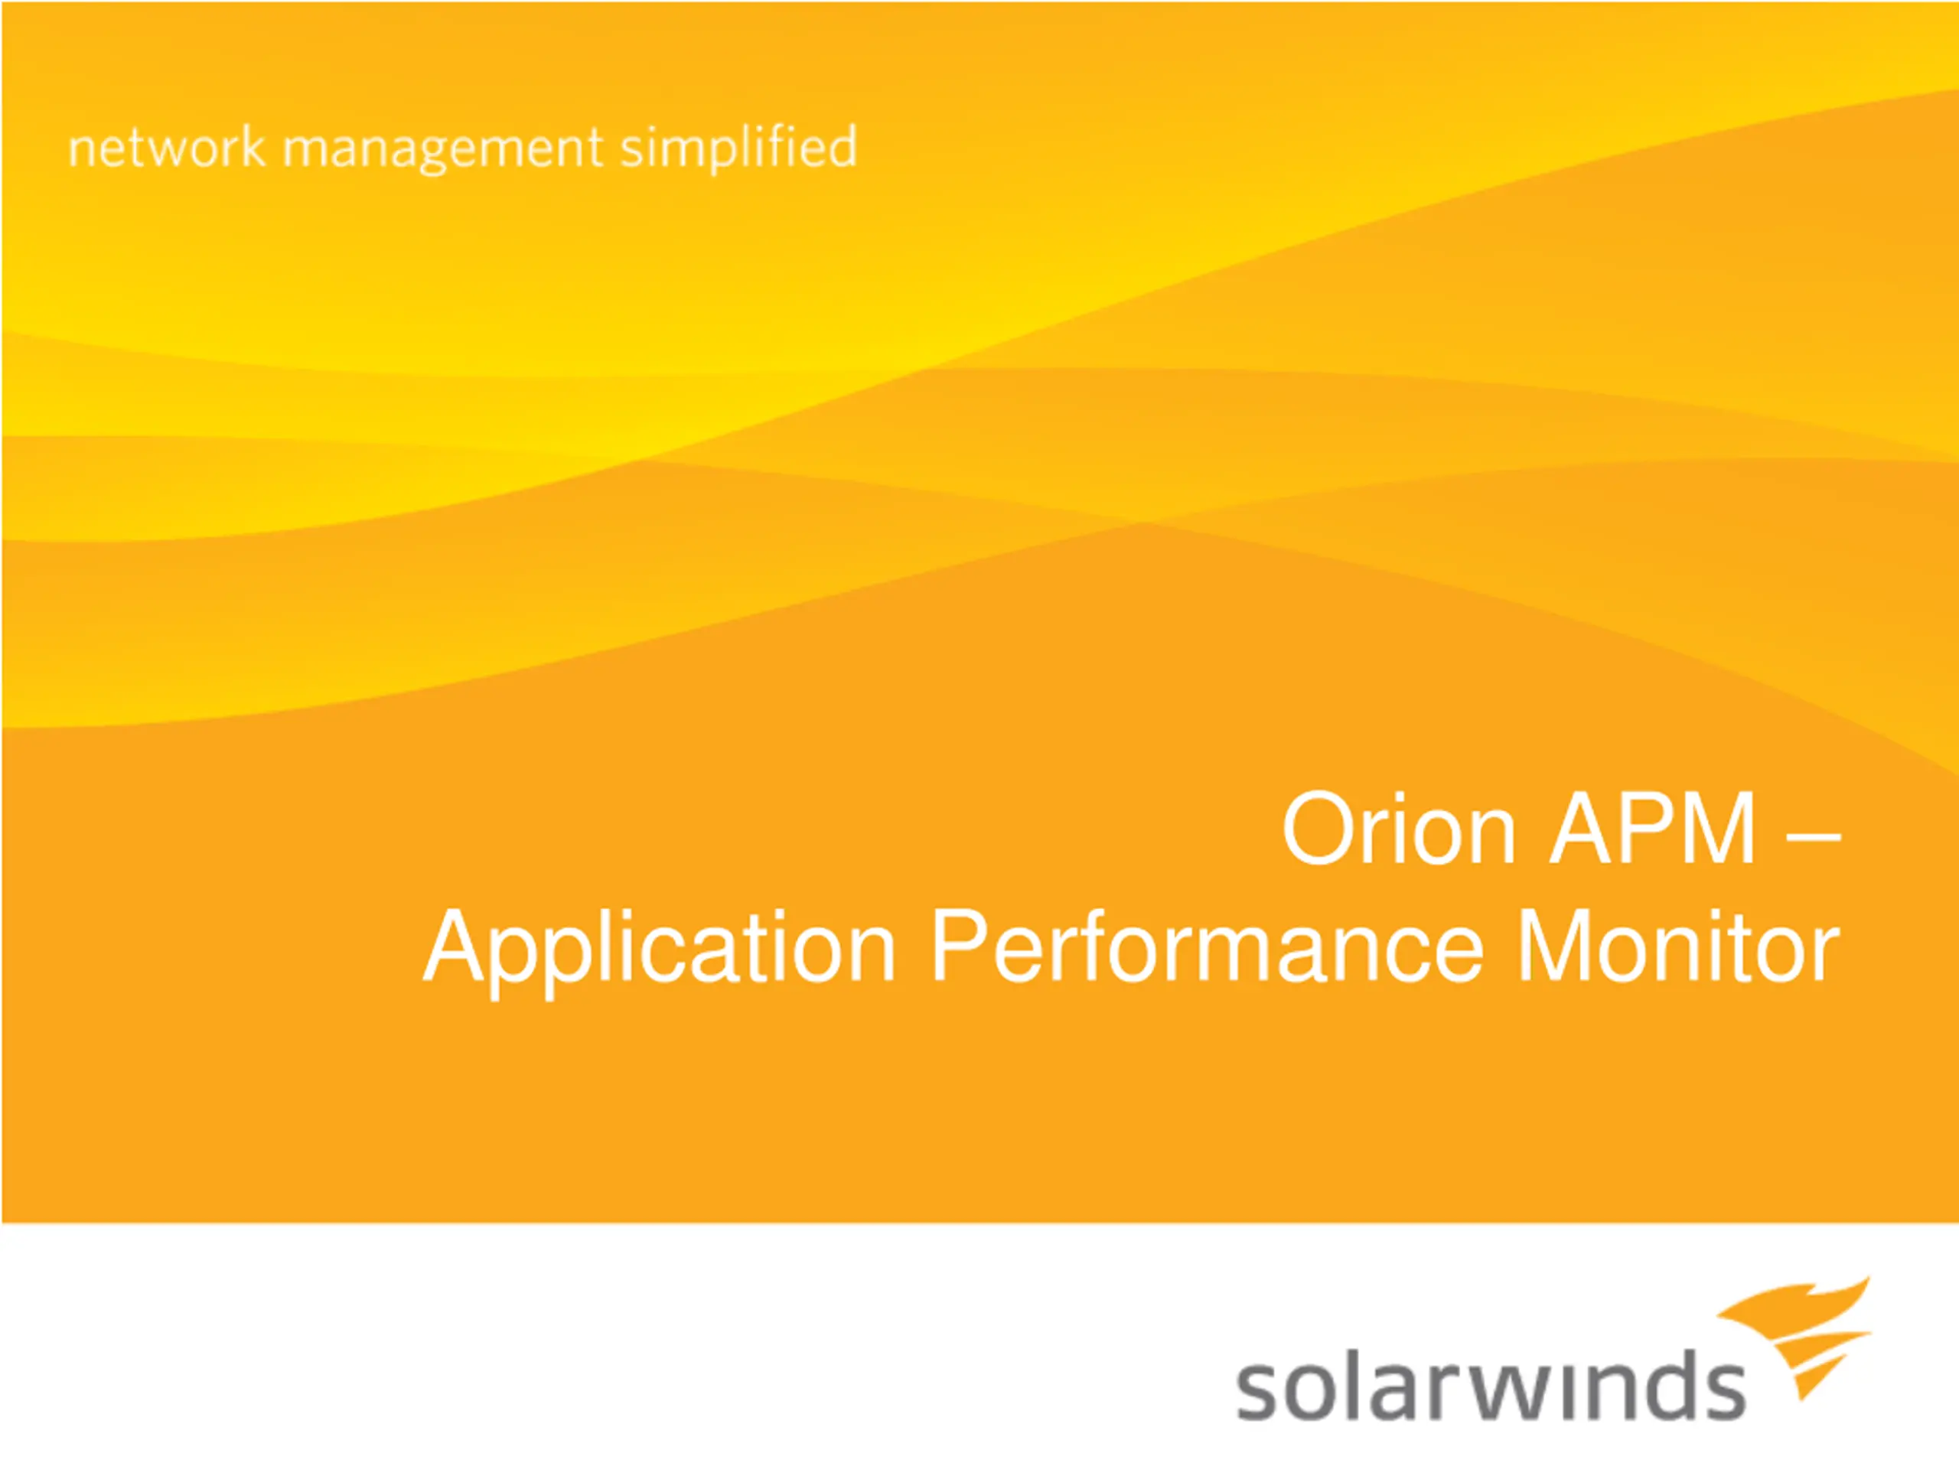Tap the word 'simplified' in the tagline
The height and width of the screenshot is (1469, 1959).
tap(738, 148)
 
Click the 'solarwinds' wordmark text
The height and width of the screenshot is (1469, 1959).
tap(1491, 1386)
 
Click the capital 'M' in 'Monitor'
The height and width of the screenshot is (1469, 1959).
tap(1554, 946)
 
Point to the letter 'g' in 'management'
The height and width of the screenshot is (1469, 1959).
tap(440, 156)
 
